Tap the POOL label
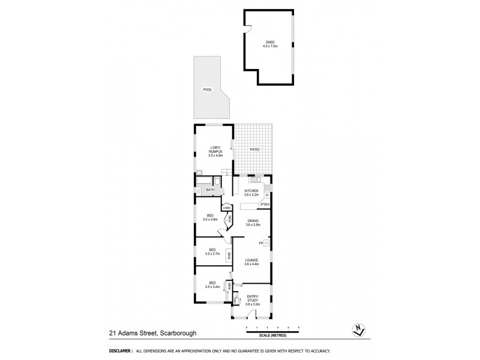pyautogui.click(x=208, y=89)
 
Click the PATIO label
pyautogui.click(x=255, y=148)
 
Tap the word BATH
pyautogui.click(x=210, y=190)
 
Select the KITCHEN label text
pyautogui.click(x=251, y=191)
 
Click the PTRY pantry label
pyautogui.click(x=264, y=205)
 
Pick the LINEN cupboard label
pyautogui.click(x=227, y=208)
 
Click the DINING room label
pyautogui.click(x=253, y=221)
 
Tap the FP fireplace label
pyautogui.click(x=261, y=243)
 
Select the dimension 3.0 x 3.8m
pyautogui.click(x=211, y=220)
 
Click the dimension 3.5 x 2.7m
pyautogui.click(x=211, y=254)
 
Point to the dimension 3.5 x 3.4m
pyautogui.click(x=211, y=287)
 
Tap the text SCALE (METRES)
pyautogui.click(x=272, y=336)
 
